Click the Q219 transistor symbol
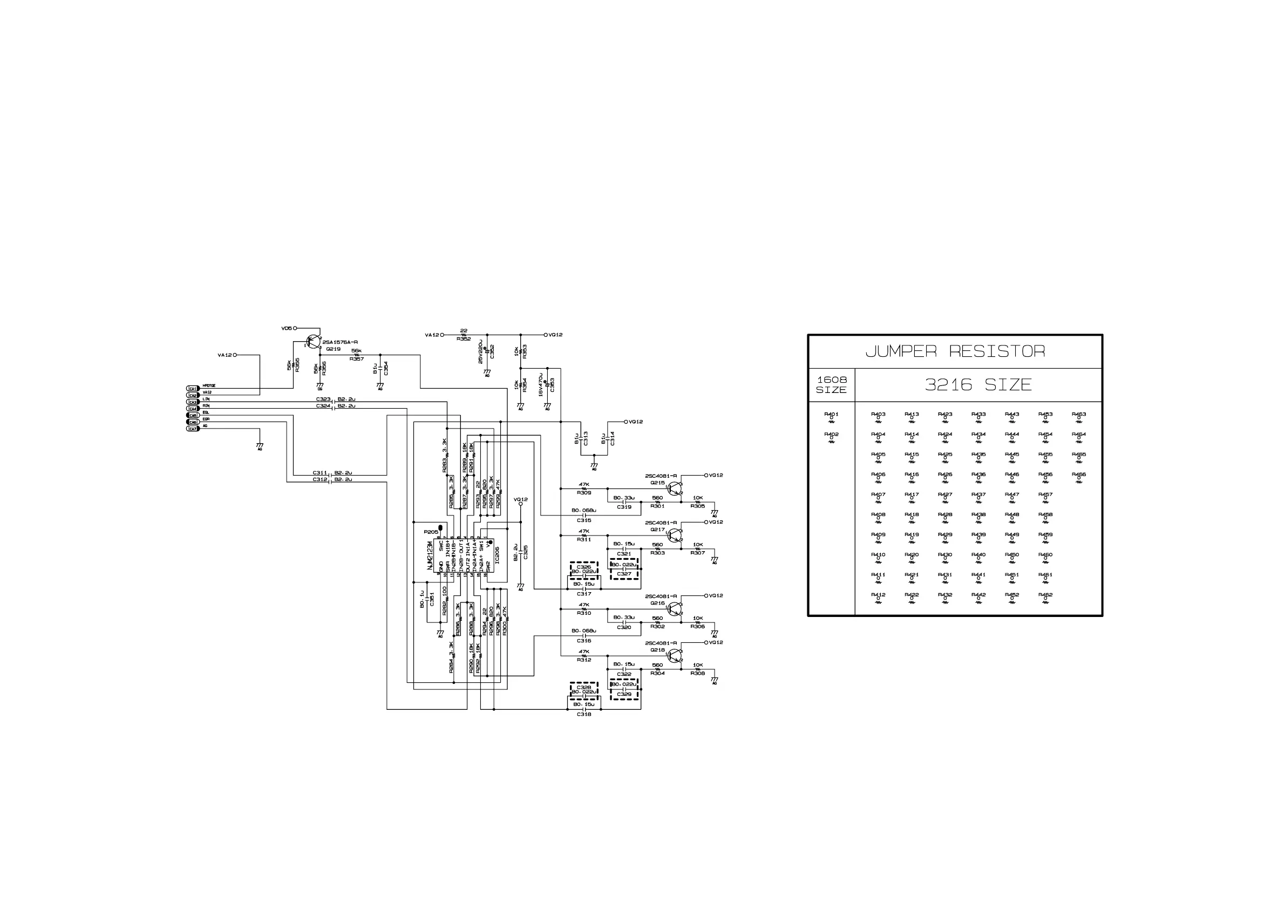pyautogui.click(x=314, y=342)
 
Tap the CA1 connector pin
pyautogui.click(x=193, y=389)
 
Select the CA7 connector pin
pyautogui.click(x=193, y=429)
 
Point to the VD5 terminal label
pyautogui.click(x=287, y=329)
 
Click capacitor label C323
pyautogui.click(x=323, y=399)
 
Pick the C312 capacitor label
pyautogui.click(x=319, y=480)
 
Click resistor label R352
pyautogui.click(x=464, y=339)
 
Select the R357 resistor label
pyautogui.click(x=357, y=359)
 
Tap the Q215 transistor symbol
pyautogui.click(x=675, y=488)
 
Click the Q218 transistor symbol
pyautogui.click(x=675, y=655)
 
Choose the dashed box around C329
pyautogui.click(x=624, y=690)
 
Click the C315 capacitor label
pyautogui.click(x=584, y=520)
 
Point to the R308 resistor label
pyautogui.click(x=697, y=673)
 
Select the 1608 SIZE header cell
pyautogui.click(x=832, y=384)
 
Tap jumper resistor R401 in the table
pyautogui.click(x=831, y=417)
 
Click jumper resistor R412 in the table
pyautogui.click(x=878, y=597)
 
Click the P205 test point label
pyautogui.click(x=430, y=532)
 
